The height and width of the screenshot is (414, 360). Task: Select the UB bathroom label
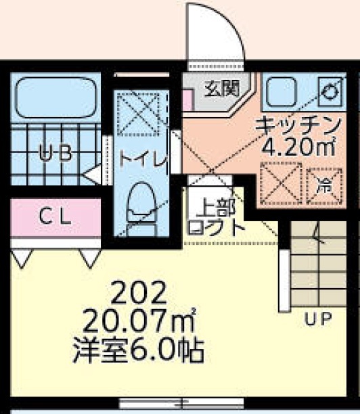point(55,152)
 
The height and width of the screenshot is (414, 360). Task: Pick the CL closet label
point(53,217)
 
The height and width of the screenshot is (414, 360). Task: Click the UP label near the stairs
point(317,319)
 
